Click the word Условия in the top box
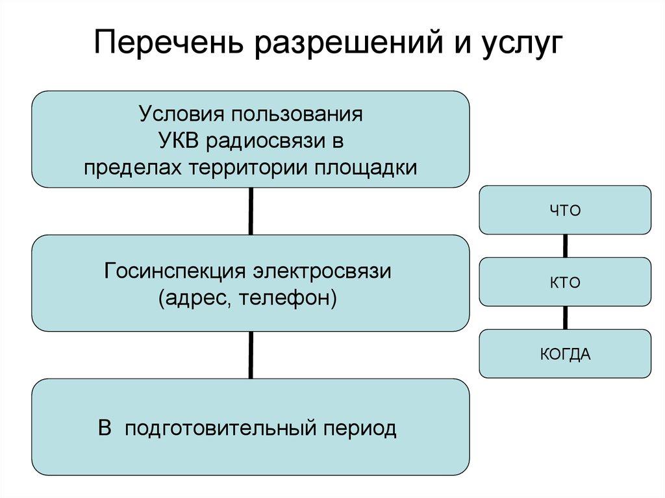pos(176,115)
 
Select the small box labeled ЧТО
pos(565,210)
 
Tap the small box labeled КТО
pos(565,282)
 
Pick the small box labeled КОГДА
pos(565,354)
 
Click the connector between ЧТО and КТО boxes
pos(565,245)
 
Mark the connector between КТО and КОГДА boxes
pos(565,317)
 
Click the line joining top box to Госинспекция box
pos(251,211)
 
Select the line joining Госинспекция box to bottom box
pos(251,355)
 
